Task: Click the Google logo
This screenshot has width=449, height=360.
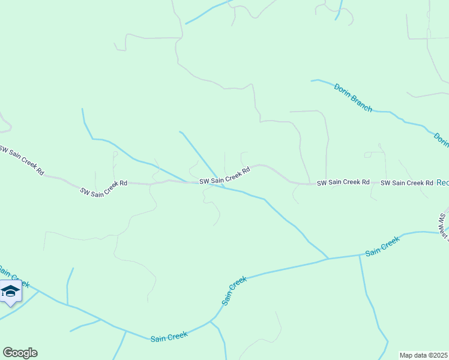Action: tap(20, 353)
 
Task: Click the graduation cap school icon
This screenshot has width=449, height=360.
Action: tap(10, 292)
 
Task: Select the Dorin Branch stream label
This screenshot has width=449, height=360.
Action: tap(354, 97)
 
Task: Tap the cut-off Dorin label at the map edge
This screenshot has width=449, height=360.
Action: tap(442, 140)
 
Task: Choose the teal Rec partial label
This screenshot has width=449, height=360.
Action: tap(442, 182)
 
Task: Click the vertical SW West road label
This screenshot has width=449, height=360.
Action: tap(443, 224)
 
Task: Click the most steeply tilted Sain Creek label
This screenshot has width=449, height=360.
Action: tap(235, 291)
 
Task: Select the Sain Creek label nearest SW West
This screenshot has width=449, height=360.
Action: tap(382, 246)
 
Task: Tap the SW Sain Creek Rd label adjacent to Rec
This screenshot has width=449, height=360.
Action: tap(407, 182)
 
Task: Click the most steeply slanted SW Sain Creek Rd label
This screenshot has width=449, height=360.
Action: tap(22, 159)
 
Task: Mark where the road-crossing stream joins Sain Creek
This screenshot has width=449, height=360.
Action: tap(328, 259)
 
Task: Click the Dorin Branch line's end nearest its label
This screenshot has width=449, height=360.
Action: tap(312, 80)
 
